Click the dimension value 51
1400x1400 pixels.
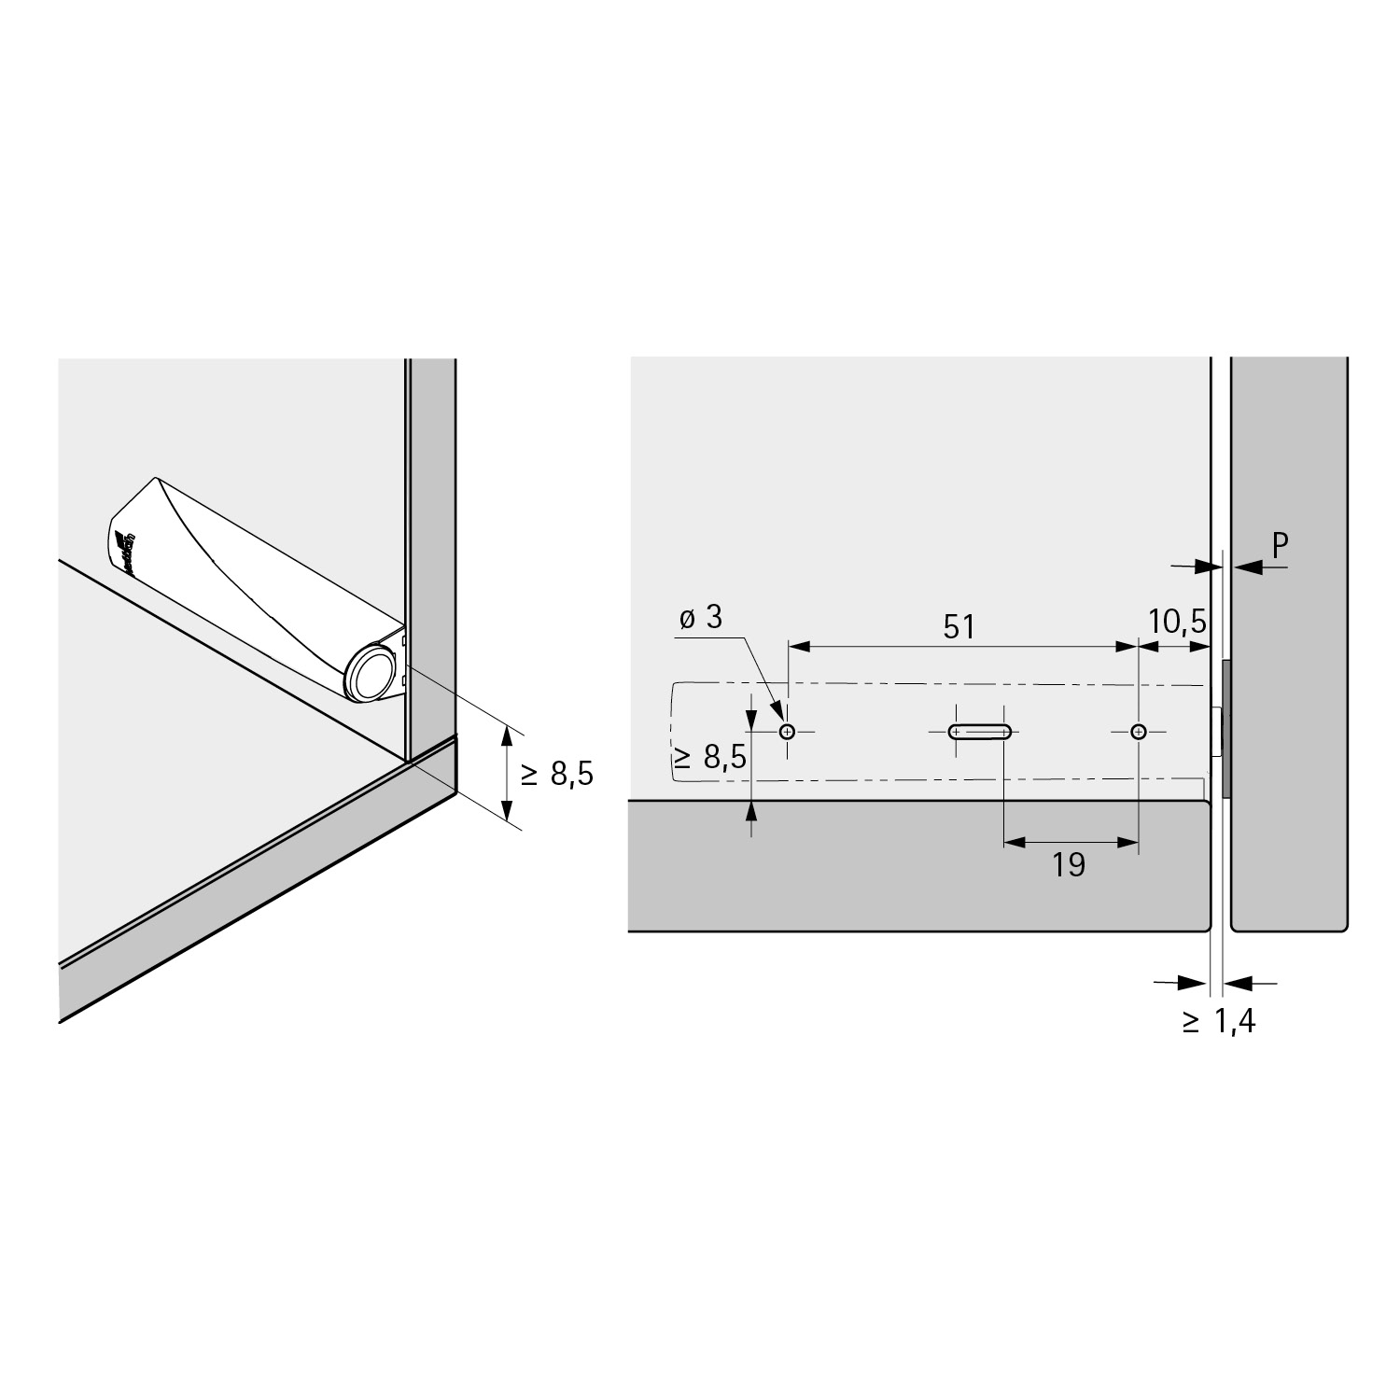click(959, 626)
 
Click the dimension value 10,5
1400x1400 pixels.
click(1178, 621)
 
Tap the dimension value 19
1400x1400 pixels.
click(1069, 865)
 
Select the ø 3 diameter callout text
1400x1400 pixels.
click(701, 618)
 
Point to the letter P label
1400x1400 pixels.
click(1280, 546)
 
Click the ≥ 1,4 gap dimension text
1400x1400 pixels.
click(1219, 1022)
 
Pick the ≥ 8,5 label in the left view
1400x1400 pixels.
click(556, 774)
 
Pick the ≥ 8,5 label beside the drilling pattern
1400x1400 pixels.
click(710, 757)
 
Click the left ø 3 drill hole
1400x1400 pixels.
click(788, 732)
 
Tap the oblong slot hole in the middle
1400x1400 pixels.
click(979, 732)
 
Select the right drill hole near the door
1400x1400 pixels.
click(1138, 732)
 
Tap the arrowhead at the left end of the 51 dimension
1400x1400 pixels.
click(800, 646)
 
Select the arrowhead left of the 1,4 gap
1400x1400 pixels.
click(1196, 982)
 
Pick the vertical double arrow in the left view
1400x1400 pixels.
click(507, 774)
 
